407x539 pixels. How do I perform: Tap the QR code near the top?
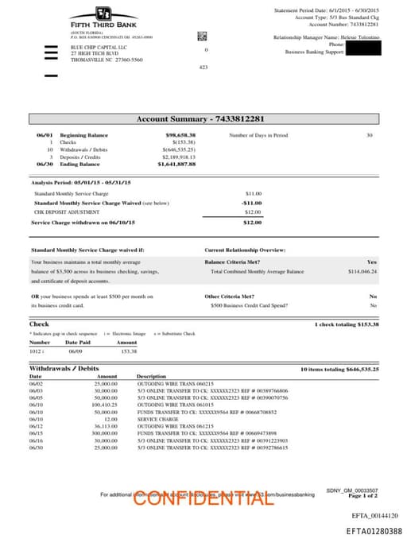click(202, 36)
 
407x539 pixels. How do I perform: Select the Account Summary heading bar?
click(205, 119)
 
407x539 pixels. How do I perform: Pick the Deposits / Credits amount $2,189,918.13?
click(178, 157)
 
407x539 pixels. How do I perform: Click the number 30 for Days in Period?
click(369, 135)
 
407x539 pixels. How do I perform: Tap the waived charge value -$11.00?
click(252, 203)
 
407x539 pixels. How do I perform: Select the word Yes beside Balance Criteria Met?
click(372, 262)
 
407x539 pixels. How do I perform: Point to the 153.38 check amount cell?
click(128, 351)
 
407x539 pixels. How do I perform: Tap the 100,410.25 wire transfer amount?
click(105, 405)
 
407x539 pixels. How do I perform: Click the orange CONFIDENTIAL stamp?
click(203, 498)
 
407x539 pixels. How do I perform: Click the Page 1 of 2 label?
click(362, 495)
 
